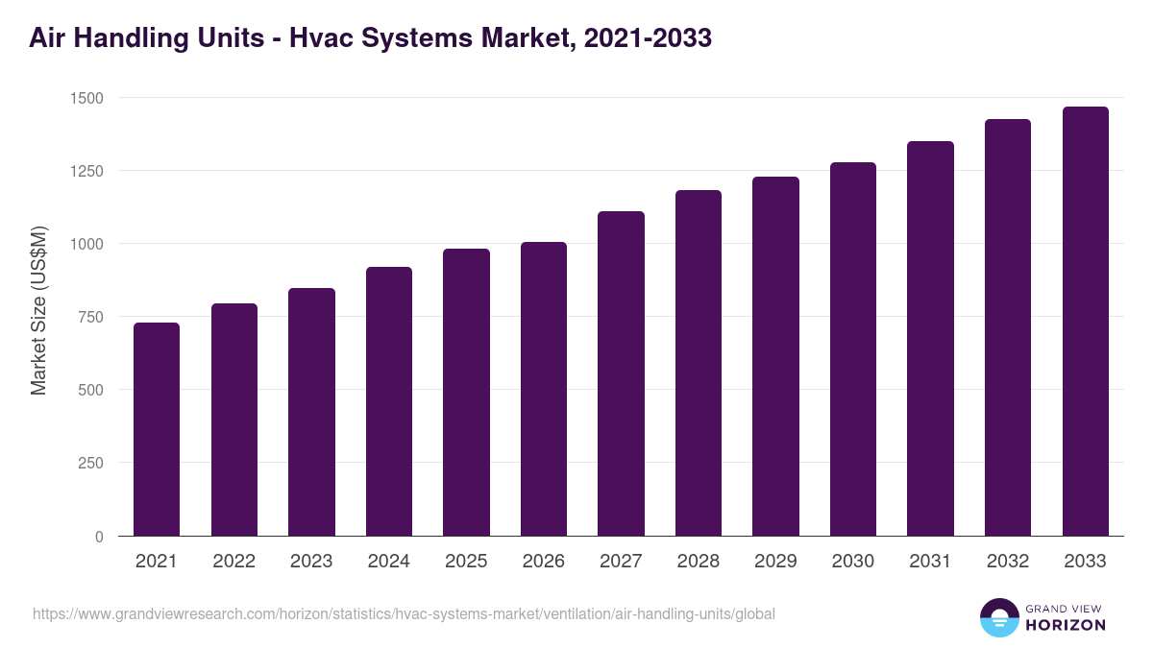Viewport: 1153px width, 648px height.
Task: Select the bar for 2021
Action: click(x=157, y=429)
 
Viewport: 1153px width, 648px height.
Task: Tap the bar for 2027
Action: click(x=621, y=373)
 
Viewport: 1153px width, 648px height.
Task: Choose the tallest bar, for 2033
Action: click(x=1085, y=321)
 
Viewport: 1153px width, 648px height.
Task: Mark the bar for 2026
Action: click(x=544, y=389)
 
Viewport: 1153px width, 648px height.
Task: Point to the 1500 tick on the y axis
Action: click(x=86, y=98)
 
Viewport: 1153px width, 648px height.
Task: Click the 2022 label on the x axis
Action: click(x=233, y=562)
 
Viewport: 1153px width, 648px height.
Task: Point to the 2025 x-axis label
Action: click(x=466, y=562)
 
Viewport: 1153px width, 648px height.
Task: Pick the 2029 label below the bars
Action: click(x=775, y=562)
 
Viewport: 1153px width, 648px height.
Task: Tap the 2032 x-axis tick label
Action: click(x=1008, y=562)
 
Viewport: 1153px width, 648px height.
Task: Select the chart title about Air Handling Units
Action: click(x=370, y=38)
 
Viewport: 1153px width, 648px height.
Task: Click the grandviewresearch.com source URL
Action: click(x=404, y=613)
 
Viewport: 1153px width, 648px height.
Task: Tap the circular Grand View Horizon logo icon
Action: click(x=999, y=617)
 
